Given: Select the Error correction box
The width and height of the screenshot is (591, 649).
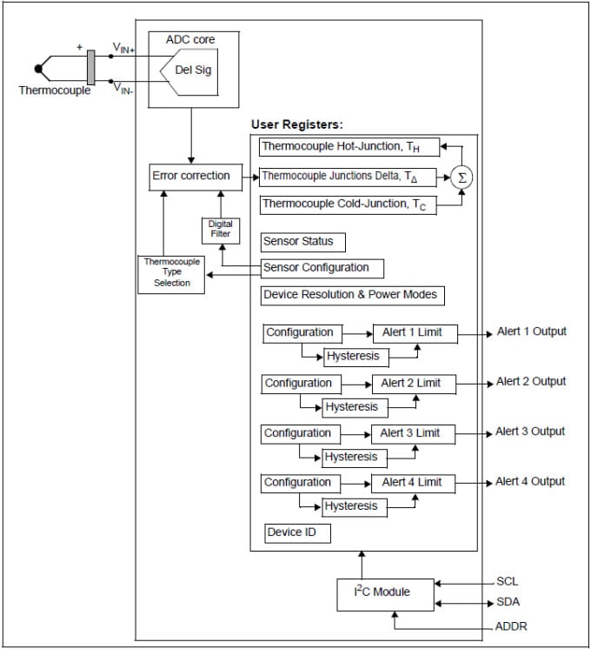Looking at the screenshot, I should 191,176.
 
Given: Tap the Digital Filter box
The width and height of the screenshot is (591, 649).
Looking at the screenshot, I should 220,230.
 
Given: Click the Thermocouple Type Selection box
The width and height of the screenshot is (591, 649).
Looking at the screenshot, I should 172,272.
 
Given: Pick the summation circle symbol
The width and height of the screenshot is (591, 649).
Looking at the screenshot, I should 462,177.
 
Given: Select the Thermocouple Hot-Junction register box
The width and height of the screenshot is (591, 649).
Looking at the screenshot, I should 349,147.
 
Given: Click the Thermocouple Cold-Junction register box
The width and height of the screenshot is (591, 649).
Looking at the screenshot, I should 348,204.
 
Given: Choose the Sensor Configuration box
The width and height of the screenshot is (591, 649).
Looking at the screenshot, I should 321,268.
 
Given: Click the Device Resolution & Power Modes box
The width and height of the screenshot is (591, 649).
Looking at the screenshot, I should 351,295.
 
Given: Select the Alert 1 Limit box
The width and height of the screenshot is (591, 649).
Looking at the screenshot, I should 415,332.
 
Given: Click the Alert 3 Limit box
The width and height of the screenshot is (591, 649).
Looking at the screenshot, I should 414,433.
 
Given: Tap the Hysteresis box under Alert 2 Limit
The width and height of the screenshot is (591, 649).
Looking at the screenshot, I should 352,406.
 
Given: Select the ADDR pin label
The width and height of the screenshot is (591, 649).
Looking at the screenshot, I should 510,626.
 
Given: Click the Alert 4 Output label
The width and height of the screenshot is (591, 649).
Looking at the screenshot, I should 530,481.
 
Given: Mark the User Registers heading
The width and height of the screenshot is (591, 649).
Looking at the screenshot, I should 297,124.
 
